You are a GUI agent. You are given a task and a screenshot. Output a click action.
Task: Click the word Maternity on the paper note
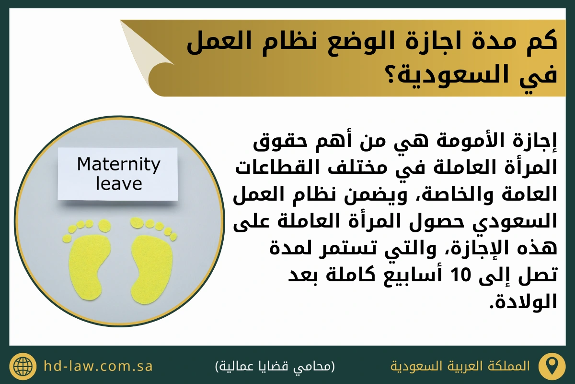tap(119, 165)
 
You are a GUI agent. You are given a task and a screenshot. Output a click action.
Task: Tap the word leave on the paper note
tap(119, 183)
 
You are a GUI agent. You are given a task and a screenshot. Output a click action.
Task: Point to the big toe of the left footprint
tap(104, 226)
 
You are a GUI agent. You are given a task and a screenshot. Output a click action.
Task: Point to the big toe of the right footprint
tap(137, 222)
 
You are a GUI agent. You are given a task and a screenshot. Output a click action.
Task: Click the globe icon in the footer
tap(23, 366)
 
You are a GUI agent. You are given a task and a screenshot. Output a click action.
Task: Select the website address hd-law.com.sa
tap(98, 366)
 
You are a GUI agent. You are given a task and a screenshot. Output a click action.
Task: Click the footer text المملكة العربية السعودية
tap(460, 366)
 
